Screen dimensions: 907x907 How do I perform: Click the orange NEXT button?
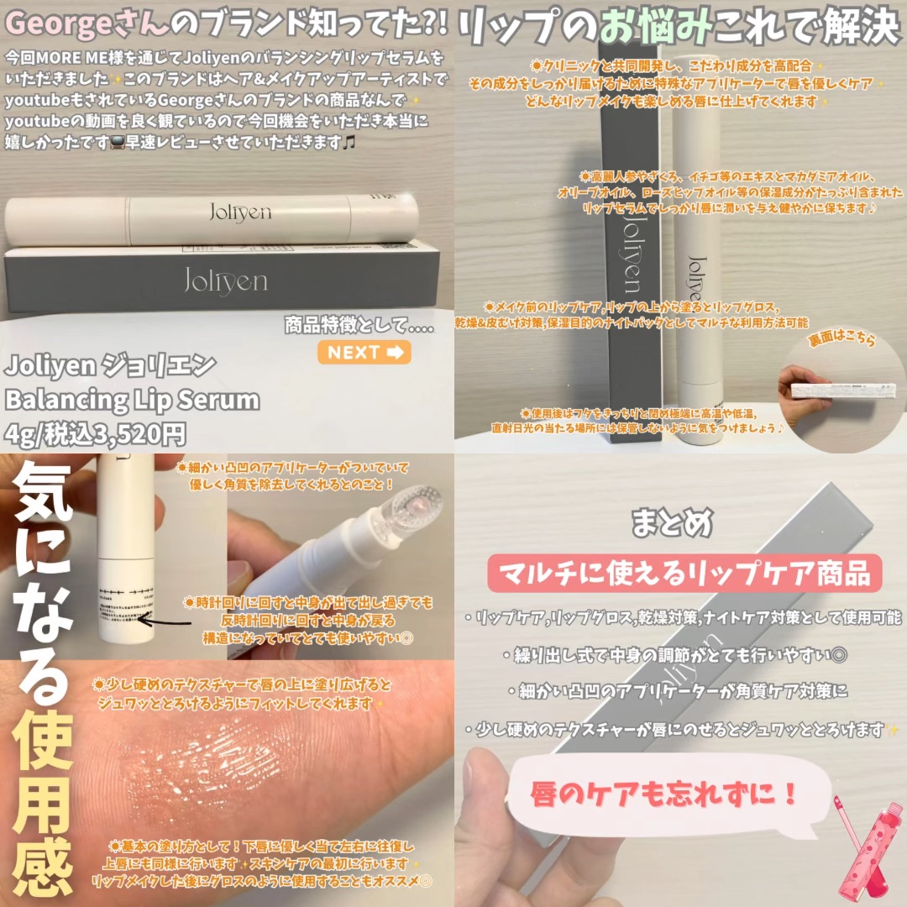[x=364, y=353]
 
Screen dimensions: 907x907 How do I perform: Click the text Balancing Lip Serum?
[x=132, y=400]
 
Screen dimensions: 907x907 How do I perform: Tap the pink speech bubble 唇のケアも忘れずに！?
[x=663, y=794]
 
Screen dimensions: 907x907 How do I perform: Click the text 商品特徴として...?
[x=359, y=325]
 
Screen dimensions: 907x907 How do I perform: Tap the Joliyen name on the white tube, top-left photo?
[x=239, y=213]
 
